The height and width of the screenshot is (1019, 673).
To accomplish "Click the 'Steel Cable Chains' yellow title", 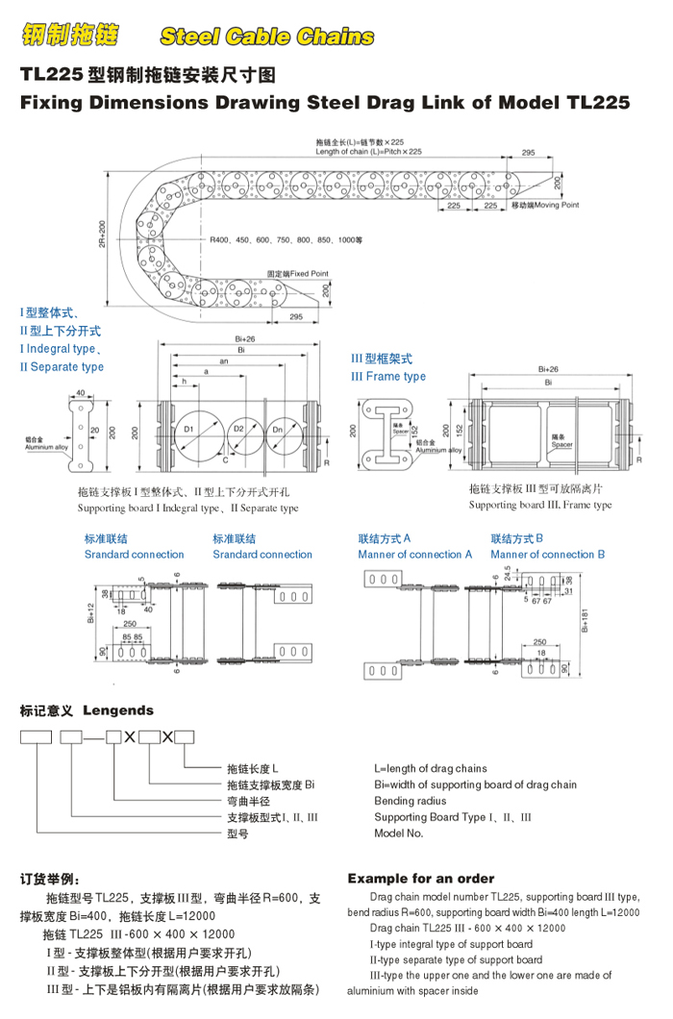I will click(266, 37).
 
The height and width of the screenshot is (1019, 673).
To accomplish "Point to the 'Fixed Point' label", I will click(298, 274).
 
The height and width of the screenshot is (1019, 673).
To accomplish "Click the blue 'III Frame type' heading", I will click(388, 377).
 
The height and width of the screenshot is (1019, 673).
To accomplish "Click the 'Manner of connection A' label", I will click(415, 555).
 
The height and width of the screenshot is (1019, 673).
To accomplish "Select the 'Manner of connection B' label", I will click(548, 555).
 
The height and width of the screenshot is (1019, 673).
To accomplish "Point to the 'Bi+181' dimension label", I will click(585, 625).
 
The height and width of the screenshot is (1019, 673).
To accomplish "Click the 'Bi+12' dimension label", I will click(88, 611).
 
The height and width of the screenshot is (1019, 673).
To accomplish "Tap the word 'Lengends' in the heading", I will click(118, 711).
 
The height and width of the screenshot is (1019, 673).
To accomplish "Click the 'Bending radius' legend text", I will click(411, 801).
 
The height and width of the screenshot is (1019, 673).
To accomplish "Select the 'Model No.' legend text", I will click(399, 833).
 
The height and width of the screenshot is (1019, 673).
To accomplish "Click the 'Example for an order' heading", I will click(421, 879).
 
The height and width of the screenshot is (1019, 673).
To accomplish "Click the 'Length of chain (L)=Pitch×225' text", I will click(368, 152).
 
